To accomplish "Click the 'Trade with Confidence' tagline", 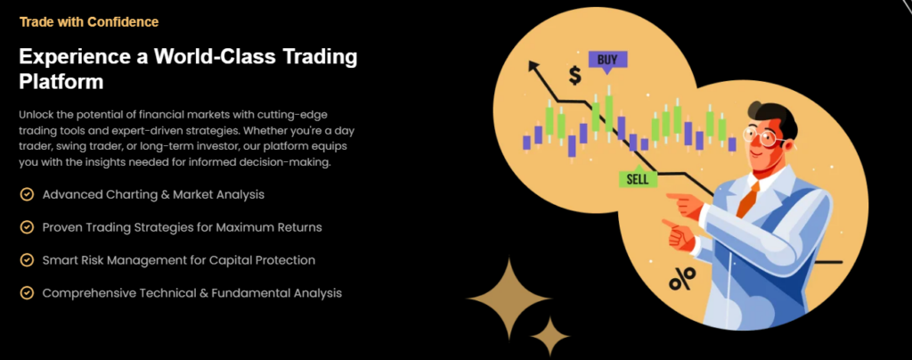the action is pyautogui.click(x=89, y=22).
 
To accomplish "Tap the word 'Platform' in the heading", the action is pyautogui.click(x=61, y=81).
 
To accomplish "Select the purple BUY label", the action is pyautogui.click(x=607, y=61).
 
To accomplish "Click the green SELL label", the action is pyautogui.click(x=638, y=177).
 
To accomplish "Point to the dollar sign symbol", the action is pyautogui.click(x=574, y=75).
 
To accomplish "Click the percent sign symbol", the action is pyautogui.click(x=681, y=279).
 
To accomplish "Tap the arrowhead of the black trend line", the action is pyautogui.click(x=534, y=66).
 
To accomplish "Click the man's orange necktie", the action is pyautogui.click(x=747, y=199).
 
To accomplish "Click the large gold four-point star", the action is pyautogui.click(x=509, y=299).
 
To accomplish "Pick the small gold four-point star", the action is pyautogui.click(x=550, y=336).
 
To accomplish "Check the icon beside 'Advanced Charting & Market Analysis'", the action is pyautogui.click(x=27, y=194).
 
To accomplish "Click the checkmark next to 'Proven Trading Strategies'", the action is pyautogui.click(x=27, y=227).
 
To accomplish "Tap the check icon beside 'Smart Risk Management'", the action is pyautogui.click(x=27, y=260).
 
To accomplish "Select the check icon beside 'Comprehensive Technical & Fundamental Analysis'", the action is pyautogui.click(x=27, y=292).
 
